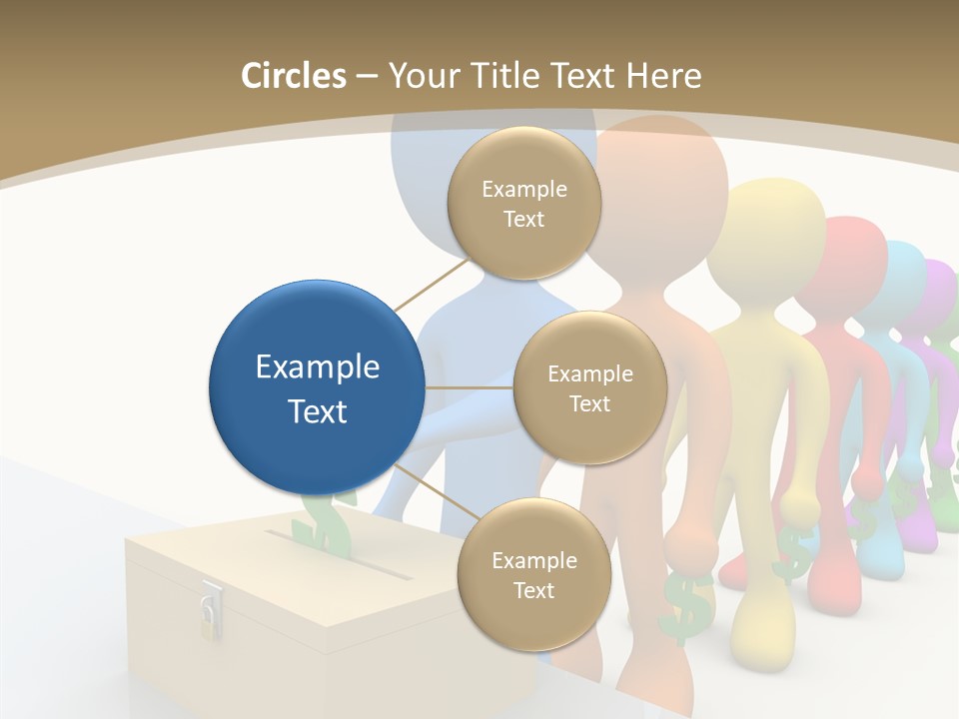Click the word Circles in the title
pos(293,76)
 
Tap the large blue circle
pos(317,387)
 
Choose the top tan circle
pos(523,203)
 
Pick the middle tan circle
pos(589,387)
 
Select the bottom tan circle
pos(533,574)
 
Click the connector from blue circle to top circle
pos(432,284)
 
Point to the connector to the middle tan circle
pos(469,387)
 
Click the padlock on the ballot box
pos(210,610)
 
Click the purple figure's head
pos(937,290)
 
